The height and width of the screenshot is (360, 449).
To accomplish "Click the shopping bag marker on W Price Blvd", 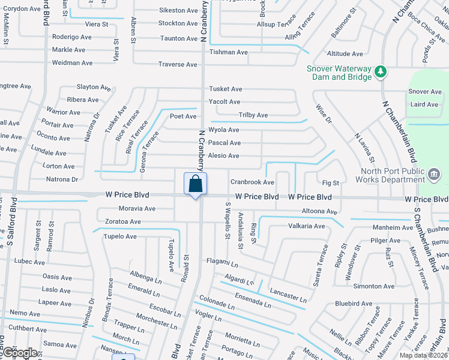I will point(196,184).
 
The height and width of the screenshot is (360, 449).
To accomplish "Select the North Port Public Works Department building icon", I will point(433,175).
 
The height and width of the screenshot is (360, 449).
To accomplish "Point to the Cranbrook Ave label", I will point(252,182).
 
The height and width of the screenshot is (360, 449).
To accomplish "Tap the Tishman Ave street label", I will point(228,52).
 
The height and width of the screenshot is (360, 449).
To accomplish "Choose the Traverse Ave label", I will point(177,64).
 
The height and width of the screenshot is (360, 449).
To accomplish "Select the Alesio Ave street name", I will point(223,156).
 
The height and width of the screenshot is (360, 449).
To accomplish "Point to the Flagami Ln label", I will point(222,262).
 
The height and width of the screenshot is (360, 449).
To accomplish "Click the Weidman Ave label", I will point(72,62).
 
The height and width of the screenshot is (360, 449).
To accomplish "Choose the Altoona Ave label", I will point(319,211).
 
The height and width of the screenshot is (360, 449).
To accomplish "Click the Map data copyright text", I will point(423,355).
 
